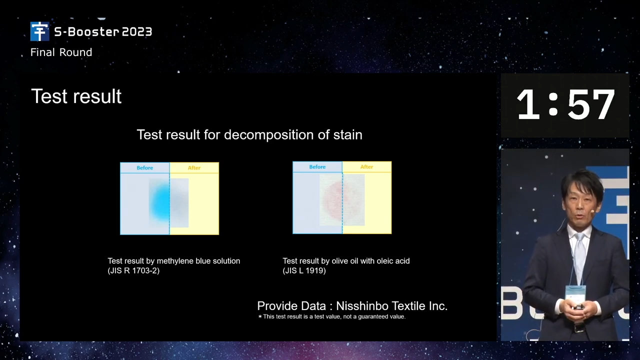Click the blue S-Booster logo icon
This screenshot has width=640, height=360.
[39, 31]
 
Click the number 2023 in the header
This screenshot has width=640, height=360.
[137, 31]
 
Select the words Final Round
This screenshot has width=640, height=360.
[61, 52]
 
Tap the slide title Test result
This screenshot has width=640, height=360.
[76, 96]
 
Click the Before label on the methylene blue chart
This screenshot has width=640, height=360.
[144, 167]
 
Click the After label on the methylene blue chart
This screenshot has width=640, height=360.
[194, 167]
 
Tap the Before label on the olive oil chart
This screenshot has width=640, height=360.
[317, 166]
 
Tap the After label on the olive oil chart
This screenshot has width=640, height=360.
[366, 166]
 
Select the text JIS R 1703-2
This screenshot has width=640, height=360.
[133, 270]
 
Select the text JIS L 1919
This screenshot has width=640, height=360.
[304, 270]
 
